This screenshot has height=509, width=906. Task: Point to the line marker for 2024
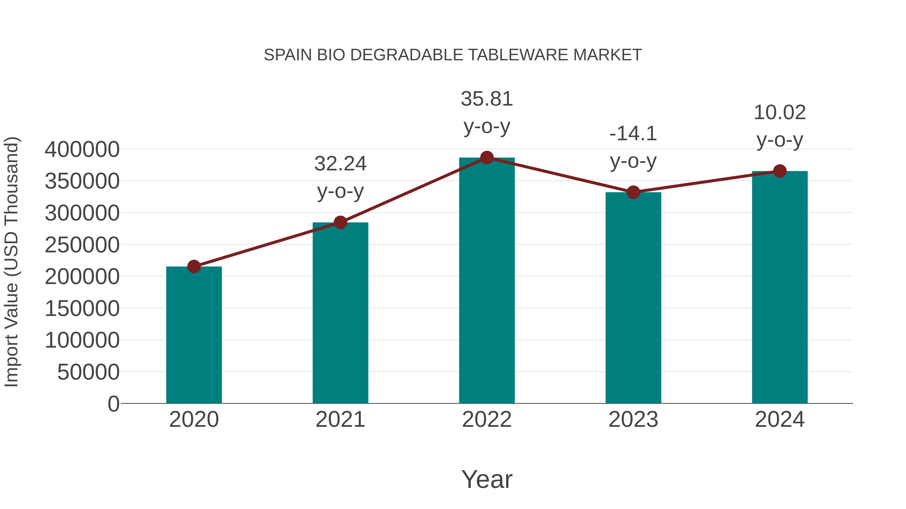(780, 171)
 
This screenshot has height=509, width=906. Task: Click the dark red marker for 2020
(194, 267)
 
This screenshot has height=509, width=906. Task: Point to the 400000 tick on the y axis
(82, 149)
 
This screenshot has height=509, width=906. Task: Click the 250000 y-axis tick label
(82, 245)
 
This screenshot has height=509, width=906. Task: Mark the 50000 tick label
(88, 372)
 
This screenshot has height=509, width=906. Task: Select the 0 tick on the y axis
(113, 404)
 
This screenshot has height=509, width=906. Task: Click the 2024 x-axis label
(780, 420)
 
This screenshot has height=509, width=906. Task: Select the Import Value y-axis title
(11, 262)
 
